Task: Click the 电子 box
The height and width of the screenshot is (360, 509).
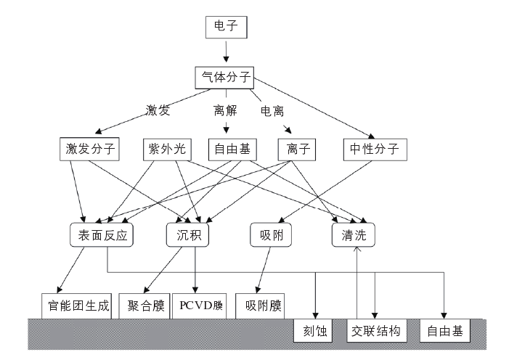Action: click(227, 28)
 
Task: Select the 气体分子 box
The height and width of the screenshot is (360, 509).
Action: click(225, 76)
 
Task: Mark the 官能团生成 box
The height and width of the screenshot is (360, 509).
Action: click(76, 306)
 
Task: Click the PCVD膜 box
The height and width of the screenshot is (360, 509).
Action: click(200, 306)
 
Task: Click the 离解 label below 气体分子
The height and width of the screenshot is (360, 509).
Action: click(224, 110)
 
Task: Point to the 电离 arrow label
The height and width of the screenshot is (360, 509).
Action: click(273, 110)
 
